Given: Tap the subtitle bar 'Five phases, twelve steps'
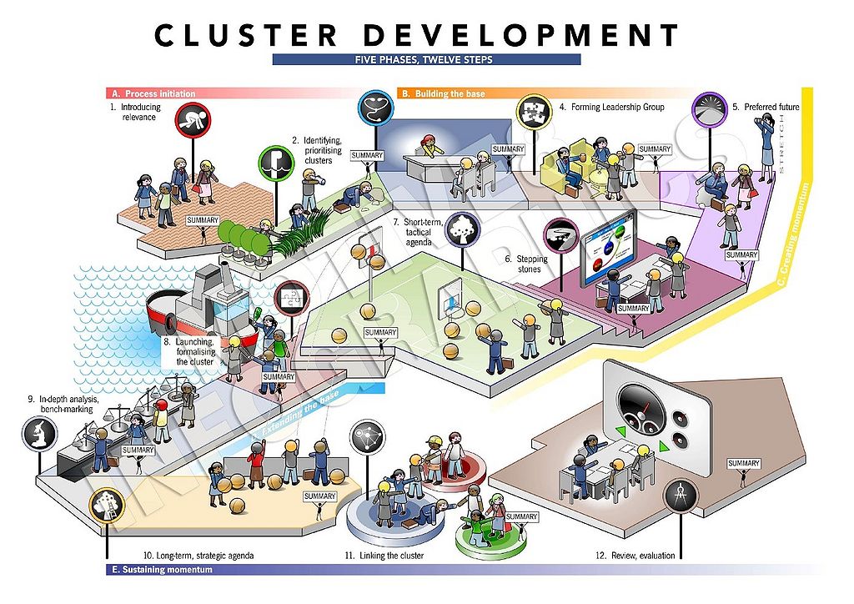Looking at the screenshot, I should click(x=426, y=60).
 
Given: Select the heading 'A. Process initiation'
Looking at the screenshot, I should click(x=160, y=93).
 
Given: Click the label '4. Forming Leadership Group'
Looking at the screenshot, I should click(x=611, y=107).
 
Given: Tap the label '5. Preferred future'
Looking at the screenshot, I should click(x=766, y=107).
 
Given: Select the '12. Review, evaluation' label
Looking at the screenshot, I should click(x=635, y=555).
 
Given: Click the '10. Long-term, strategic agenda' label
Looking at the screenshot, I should click(x=198, y=555).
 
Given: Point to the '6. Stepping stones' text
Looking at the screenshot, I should click(x=525, y=264).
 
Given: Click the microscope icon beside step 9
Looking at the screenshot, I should click(x=40, y=432).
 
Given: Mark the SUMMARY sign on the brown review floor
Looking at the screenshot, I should click(x=743, y=464).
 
